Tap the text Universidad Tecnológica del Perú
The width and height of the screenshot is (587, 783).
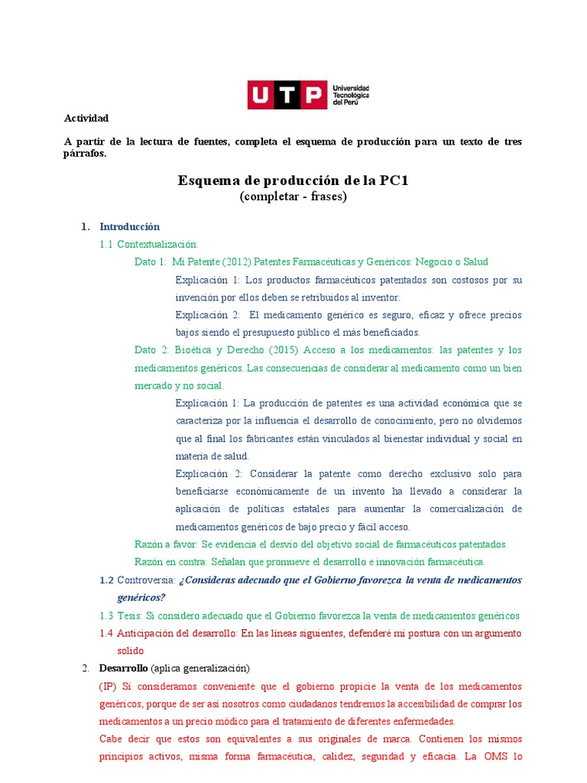(x=351, y=96)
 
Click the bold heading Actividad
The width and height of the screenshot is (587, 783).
(x=86, y=118)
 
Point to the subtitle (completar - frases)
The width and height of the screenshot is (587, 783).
(x=293, y=197)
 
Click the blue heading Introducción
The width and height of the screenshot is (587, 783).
(x=129, y=226)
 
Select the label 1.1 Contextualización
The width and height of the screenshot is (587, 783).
(x=157, y=244)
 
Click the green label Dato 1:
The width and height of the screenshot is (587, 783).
(x=150, y=262)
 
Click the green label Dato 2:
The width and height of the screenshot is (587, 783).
(x=151, y=350)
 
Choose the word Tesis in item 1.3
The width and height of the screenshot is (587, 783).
(x=131, y=616)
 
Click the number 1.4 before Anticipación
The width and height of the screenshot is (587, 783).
(x=106, y=633)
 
